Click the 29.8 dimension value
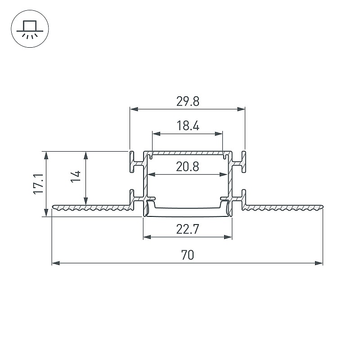[188, 101]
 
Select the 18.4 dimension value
[188, 126]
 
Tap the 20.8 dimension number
[187, 166]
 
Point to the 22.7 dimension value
[187, 229]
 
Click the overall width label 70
[187, 255]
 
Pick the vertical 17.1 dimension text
[38, 184]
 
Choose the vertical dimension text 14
[76, 176]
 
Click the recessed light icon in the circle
[30, 29]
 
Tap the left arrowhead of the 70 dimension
[56, 263]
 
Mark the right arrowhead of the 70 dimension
[319, 263]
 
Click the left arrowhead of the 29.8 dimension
[134, 109]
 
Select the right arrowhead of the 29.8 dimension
[241, 109]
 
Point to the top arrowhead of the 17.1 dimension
[46, 155]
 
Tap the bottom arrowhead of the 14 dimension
[86, 201]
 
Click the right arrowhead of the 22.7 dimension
[228, 237]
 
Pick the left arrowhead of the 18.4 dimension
[156, 134]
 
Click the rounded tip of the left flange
[53, 207]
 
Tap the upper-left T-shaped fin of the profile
[135, 162]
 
